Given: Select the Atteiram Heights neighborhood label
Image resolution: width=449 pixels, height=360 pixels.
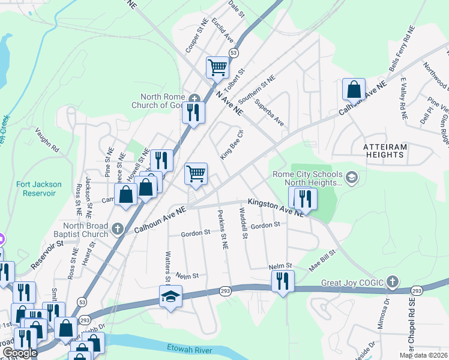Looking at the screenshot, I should pyautogui.click(x=384, y=151).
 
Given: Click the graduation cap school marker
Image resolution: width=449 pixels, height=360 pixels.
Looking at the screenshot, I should pyautogui.click(x=170, y=296).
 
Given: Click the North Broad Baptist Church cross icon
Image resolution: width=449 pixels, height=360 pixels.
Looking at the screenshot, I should pyautogui.click(x=118, y=229).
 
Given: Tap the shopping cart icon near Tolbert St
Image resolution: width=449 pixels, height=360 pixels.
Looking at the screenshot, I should pyautogui.click(x=217, y=67).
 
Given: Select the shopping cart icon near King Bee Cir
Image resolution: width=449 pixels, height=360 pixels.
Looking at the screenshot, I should pyautogui.click(x=196, y=174).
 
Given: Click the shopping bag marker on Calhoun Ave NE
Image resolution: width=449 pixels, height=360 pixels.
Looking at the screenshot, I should pyautogui.click(x=354, y=89).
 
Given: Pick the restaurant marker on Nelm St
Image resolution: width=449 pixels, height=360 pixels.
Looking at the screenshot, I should pyautogui.click(x=282, y=281).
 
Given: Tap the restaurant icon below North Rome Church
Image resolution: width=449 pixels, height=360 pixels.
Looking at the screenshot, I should pyautogui.click(x=193, y=112).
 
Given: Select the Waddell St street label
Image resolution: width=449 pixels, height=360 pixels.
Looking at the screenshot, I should pyautogui.click(x=243, y=223).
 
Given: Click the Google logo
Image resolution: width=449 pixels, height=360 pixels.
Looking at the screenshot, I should pyautogui.click(x=20, y=353).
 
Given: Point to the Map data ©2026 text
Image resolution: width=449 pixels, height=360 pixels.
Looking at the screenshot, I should pyautogui.click(x=423, y=355).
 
